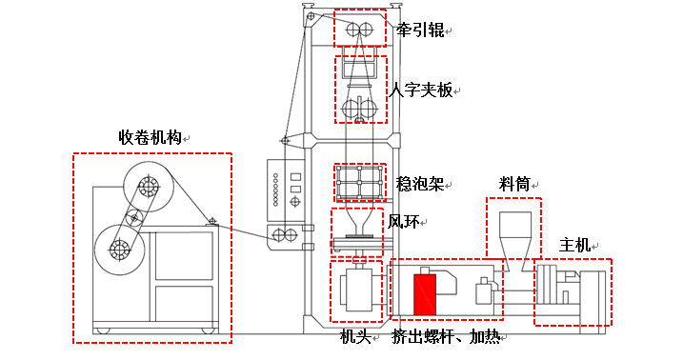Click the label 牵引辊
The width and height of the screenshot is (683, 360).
(420, 30)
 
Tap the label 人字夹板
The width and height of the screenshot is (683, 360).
(421, 90)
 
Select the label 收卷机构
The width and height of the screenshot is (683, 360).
(150, 137)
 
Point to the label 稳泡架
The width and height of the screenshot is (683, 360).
(420, 184)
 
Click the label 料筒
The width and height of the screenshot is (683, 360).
(514, 185)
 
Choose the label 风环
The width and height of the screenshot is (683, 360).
(403, 222)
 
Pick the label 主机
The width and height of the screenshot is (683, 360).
(574, 245)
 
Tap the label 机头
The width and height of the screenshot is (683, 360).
(355, 336)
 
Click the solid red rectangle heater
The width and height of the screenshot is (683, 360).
(425, 294)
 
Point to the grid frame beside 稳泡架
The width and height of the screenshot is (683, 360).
(360, 183)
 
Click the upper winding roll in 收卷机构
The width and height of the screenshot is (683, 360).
(149, 187)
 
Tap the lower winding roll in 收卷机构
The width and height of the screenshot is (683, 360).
(119, 250)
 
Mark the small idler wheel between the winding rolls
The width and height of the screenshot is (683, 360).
(134, 217)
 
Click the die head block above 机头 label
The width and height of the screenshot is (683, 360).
(356, 290)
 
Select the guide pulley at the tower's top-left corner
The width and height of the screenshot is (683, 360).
(311, 16)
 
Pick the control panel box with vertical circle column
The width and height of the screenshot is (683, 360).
(286, 190)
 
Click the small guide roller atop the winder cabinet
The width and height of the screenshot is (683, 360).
(212, 221)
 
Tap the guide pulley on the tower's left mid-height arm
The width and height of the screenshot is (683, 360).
(286, 141)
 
